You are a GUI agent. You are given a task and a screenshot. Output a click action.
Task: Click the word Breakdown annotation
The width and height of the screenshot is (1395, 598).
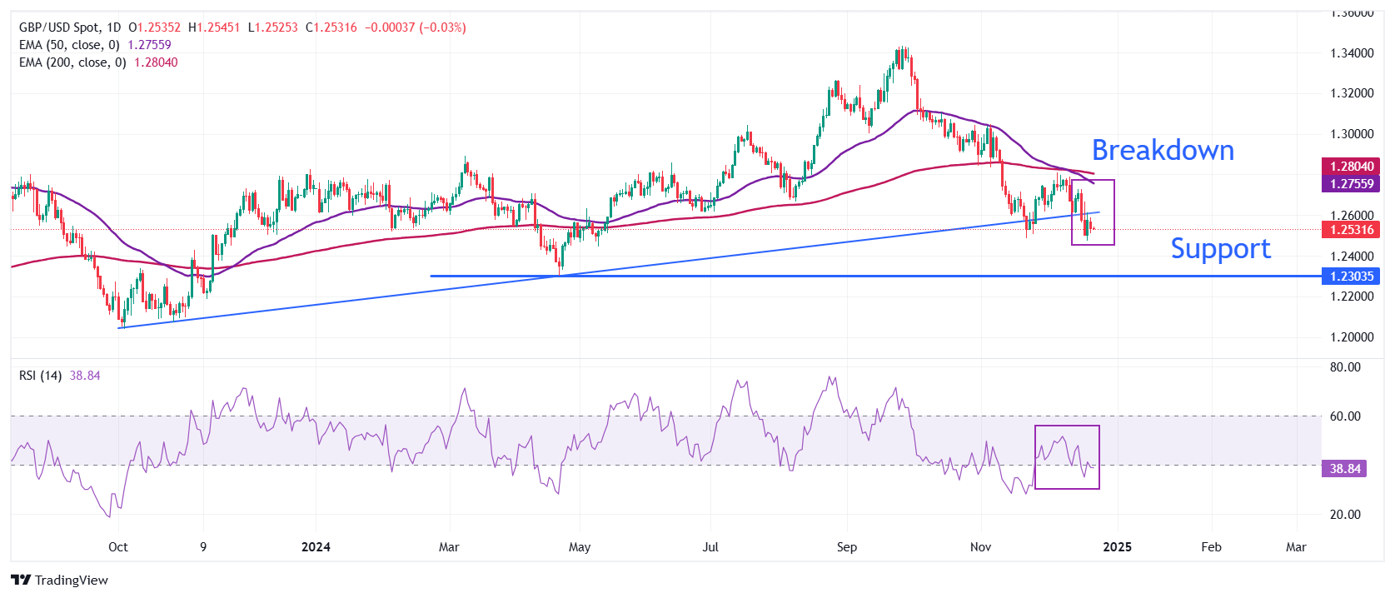pos(1163,151)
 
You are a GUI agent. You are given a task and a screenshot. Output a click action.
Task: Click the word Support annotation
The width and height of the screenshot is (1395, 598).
pos(1220,249)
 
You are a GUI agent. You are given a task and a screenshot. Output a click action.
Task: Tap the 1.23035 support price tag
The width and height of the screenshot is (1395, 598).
pos(1351,277)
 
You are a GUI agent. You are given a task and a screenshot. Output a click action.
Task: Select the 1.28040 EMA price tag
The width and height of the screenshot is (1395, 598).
pos(1351,167)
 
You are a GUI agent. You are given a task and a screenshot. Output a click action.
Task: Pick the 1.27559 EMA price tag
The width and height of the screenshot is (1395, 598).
pos(1351,184)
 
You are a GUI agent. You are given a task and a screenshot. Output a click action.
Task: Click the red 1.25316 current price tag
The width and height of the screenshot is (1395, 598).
pos(1351,230)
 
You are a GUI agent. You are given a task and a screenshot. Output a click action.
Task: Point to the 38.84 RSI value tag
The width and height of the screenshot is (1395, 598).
pos(1344,469)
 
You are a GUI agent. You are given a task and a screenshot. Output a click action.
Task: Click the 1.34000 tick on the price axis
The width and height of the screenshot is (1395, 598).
pos(1352,53)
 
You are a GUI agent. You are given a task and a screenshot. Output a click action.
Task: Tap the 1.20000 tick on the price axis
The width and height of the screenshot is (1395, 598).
pos(1352,337)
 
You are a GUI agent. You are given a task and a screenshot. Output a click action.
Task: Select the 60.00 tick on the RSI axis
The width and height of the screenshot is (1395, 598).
pos(1345,416)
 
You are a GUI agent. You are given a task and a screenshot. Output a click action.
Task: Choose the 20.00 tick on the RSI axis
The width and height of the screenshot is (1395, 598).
pos(1345,515)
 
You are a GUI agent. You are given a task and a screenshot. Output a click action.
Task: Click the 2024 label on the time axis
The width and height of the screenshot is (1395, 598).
pos(316,547)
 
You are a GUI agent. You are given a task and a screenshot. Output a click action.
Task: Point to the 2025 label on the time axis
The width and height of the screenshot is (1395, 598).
pos(1117,547)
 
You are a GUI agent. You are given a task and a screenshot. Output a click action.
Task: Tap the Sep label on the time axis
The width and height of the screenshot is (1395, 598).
pos(846,547)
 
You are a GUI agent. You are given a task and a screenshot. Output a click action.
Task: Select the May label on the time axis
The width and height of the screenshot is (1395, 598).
pos(579,547)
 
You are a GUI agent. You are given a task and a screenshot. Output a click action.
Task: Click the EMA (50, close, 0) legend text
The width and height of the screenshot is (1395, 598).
pos(69,45)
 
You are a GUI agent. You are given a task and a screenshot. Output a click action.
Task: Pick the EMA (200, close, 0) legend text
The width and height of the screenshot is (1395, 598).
pos(72,62)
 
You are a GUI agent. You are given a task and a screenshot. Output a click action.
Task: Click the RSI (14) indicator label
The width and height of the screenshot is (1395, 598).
pos(40,376)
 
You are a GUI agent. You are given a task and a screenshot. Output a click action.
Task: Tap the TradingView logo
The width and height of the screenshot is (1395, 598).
pos(60,581)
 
